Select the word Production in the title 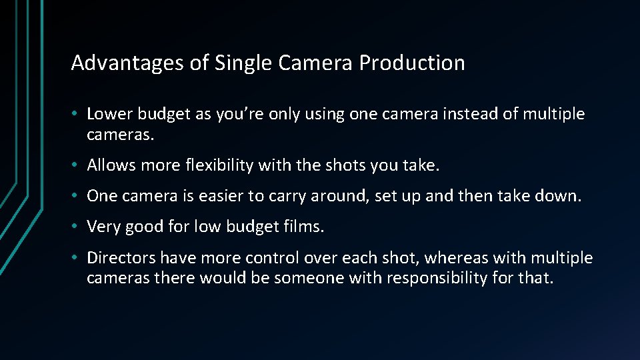click(412, 63)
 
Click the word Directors click(121, 257)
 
